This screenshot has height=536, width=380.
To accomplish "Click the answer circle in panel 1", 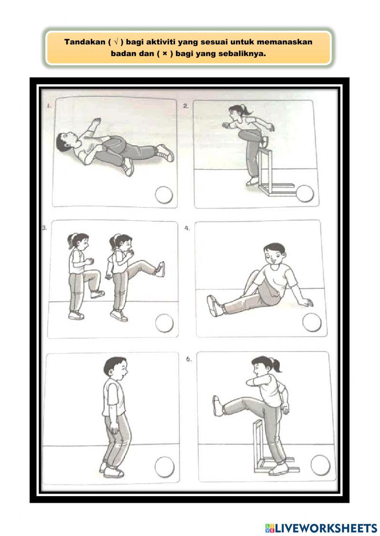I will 164,195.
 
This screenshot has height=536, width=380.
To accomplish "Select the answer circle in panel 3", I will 165,323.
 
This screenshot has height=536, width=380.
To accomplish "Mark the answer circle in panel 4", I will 312,324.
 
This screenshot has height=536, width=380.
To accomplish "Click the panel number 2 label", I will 186,106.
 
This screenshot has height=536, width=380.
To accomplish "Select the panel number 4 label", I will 187,229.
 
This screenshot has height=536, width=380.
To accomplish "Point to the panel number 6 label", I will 189,359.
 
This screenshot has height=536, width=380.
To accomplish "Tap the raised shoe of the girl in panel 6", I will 217,405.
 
